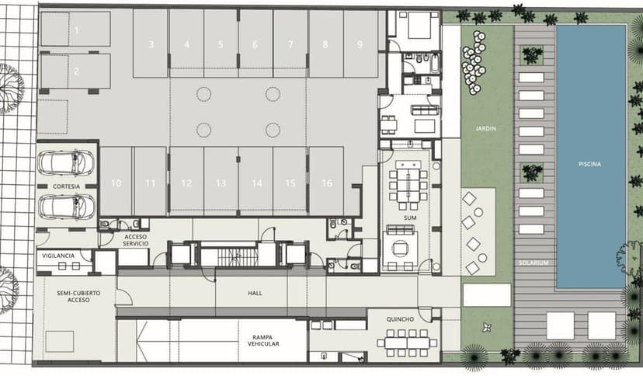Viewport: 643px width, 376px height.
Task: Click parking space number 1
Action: (x=76, y=29)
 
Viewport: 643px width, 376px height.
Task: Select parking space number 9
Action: (x=360, y=44)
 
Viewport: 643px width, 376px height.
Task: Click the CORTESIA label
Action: (x=67, y=186)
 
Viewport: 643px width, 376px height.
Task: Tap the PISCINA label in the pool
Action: (x=589, y=164)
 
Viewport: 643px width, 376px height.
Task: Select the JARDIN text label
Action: (x=486, y=128)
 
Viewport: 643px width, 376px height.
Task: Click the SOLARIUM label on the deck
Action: (x=534, y=263)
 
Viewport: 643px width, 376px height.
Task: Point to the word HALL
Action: (x=255, y=293)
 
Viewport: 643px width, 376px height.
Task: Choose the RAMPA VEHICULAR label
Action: (x=263, y=341)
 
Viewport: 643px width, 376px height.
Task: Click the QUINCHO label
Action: (x=400, y=319)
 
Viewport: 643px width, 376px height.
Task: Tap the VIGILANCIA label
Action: (x=58, y=256)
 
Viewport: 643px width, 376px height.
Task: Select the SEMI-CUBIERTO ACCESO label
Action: (x=78, y=297)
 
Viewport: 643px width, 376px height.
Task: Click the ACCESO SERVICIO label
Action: (x=136, y=240)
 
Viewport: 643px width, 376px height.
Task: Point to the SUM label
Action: (x=410, y=218)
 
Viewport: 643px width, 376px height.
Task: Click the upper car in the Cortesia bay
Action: (x=66, y=163)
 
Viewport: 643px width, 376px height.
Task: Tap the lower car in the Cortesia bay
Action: (x=66, y=207)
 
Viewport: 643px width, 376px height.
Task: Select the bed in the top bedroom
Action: (x=419, y=25)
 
